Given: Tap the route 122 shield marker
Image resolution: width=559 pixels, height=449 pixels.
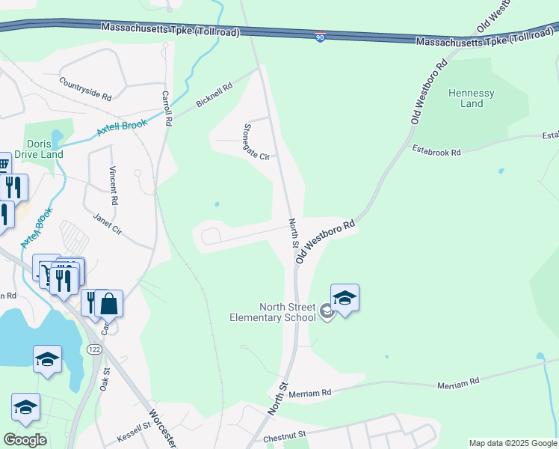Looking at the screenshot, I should click(x=93, y=350).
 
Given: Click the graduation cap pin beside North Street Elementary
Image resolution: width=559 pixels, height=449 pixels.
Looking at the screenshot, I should click(x=345, y=298).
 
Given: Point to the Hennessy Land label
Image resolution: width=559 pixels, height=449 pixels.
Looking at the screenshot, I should click(x=471, y=98).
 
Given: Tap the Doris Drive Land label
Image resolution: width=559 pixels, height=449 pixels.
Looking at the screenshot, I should click(x=43, y=149).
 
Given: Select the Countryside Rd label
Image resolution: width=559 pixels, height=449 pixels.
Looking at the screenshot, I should click(x=84, y=90).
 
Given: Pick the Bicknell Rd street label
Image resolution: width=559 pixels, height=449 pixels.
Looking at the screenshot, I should click(x=214, y=96).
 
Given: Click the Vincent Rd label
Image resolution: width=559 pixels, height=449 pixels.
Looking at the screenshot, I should click(x=114, y=186).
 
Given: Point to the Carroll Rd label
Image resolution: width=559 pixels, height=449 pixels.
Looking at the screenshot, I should click(x=167, y=109).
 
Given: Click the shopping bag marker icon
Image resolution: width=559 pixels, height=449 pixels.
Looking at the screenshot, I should click(x=108, y=304).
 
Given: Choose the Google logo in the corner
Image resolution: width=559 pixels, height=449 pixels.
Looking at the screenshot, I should click(x=25, y=440).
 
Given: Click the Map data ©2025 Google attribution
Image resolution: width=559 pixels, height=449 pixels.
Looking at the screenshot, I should click(x=512, y=443).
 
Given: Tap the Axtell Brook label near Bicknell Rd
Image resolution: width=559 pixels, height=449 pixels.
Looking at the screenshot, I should click(x=122, y=128).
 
